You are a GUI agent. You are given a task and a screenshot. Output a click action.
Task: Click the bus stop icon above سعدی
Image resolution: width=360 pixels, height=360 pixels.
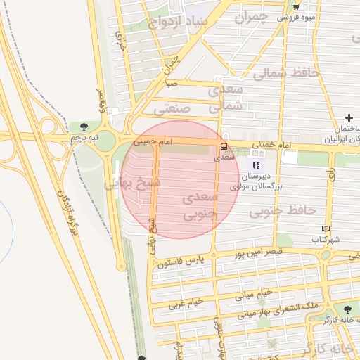point(224,146)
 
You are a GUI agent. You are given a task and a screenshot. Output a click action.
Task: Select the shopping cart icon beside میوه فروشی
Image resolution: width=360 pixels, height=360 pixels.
point(296,6)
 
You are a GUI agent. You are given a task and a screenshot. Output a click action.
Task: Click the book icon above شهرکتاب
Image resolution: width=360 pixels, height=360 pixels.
point(325,229)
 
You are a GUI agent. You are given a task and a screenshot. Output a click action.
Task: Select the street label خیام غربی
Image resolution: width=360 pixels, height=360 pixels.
point(185,303)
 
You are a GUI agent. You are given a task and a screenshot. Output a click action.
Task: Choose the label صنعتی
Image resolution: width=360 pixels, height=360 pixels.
point(172,109)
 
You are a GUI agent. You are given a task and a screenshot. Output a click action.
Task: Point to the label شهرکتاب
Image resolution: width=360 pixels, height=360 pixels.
point(326,240)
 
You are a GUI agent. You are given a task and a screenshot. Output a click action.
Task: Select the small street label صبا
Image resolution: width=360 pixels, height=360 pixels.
point(171,83)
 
